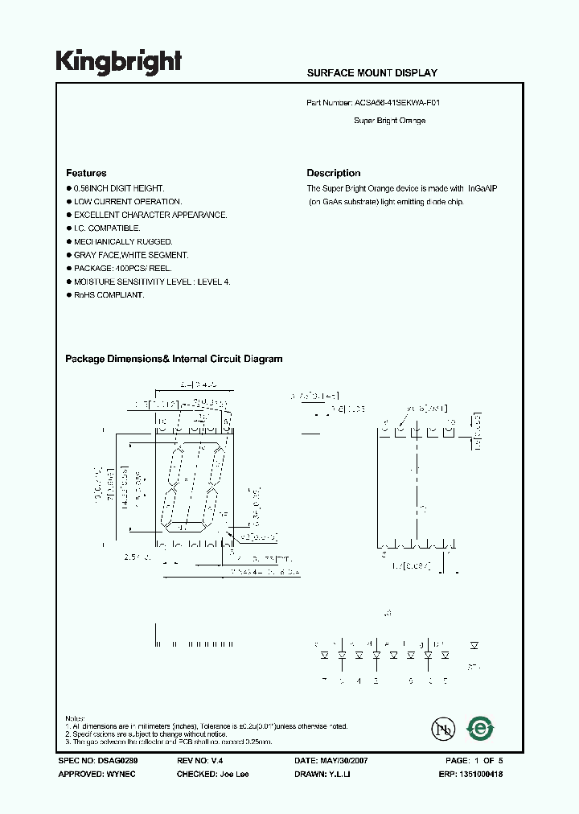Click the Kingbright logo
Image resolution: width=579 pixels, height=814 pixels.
click(118, 62)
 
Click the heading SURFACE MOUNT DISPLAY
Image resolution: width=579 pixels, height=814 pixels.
click(372, 73)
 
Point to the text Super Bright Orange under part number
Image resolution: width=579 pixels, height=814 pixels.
click(390, 121)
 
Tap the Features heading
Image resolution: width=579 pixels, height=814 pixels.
click(86, 173)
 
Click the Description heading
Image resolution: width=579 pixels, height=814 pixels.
click(334, 173)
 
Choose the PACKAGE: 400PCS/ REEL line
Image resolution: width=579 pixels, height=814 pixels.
click(124, 269)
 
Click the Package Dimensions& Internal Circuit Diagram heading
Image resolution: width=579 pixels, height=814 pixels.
click(174, 360)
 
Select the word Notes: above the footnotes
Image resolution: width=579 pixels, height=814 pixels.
click(74, 718)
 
